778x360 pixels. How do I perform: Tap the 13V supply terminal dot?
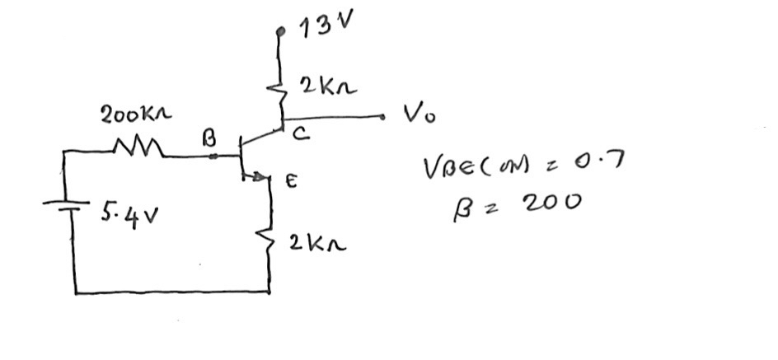281,32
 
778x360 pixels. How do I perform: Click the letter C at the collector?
301,138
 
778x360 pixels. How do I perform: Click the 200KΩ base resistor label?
136,115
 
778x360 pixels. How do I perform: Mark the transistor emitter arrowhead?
262,175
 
